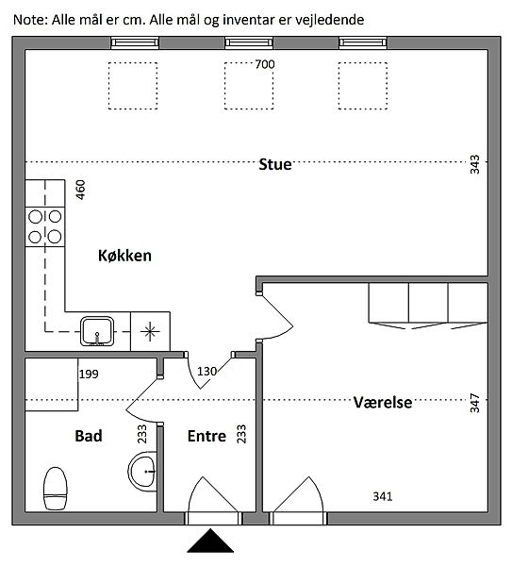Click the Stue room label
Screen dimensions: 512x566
pyautogui.click(x=275, y=164)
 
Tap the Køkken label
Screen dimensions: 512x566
pyautogui.click(x=124, y=256)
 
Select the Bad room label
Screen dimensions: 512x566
pyautogui.click(x=89, y=436)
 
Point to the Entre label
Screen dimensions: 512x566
pyautogui.click(x=206, y=436)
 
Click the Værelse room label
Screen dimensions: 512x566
pyautogui.click(x=383, y=402)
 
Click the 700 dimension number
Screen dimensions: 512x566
pyautogui.click(x=265, y=64)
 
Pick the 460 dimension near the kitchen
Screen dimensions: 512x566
pyautogui.click(x=80, y=190)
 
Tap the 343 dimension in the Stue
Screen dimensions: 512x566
pyautogui.click(x=475, y=164)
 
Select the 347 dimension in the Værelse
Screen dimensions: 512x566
pyautogui.click(x=475, y=403)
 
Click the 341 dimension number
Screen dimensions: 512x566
pyautogui.click(x=383, y=496)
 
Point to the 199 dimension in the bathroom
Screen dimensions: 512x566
pyautogui.click(x=89, y=374)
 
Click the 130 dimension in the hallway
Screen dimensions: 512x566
pyautogui.click(x=206, y=371)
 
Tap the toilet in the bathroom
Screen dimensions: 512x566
pyautogui.click(x=56, y=488)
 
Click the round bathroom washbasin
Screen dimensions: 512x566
pyautogui.click(x=142, y=472)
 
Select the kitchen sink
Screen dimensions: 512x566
pyautogui.click(x=97, y=331)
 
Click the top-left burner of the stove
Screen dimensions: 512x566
pyautogui.click(x=35, y=217)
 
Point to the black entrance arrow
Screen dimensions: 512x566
pyautogui.click(x=210, y=541)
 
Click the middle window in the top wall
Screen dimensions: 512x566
pyautogui.click(x=249, y=43)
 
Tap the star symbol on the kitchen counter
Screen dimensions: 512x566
pyautogui.click(x=150, y=332)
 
